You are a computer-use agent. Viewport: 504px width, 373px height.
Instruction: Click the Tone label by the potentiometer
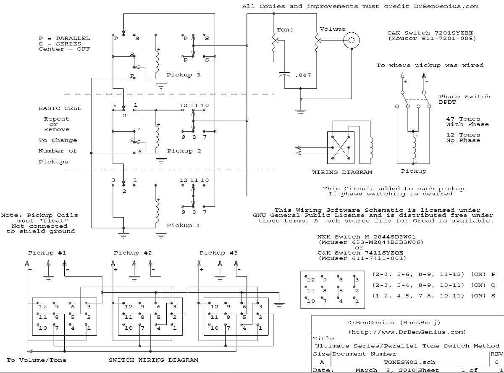coord(285,30)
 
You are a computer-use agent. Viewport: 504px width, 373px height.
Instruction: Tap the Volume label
coord(333,29)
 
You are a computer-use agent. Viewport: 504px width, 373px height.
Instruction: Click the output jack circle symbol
coord(351,40)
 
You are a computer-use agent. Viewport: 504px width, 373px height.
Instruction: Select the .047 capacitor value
coord(303,75)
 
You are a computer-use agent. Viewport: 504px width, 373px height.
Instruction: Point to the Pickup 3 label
coord(184,75)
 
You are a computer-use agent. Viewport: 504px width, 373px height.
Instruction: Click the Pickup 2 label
coord(184,151)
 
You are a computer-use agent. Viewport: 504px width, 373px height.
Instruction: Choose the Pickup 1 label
coord(184,226)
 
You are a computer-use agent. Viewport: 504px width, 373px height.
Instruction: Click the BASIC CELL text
coord(60,108)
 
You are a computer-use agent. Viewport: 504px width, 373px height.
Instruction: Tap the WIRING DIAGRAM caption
coord(342,172)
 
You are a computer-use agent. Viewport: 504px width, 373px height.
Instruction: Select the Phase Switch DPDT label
coord(465,99)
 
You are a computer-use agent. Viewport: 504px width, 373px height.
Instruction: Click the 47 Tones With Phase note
coord(467,122)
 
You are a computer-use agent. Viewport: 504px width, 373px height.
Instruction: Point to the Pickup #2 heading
coord(133,253)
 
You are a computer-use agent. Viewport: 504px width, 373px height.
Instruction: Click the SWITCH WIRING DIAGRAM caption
coord(153,360)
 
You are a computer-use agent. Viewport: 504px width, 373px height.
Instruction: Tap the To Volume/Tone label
coord(37,360)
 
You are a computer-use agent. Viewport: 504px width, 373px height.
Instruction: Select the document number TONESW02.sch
coord(409,362)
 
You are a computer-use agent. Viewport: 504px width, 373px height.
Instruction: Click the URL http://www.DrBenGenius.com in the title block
coord(407,332)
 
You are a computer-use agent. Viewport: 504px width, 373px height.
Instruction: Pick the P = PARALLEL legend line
coord(64,38)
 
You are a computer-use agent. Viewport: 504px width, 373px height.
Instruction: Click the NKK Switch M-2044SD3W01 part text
coord(366,237)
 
